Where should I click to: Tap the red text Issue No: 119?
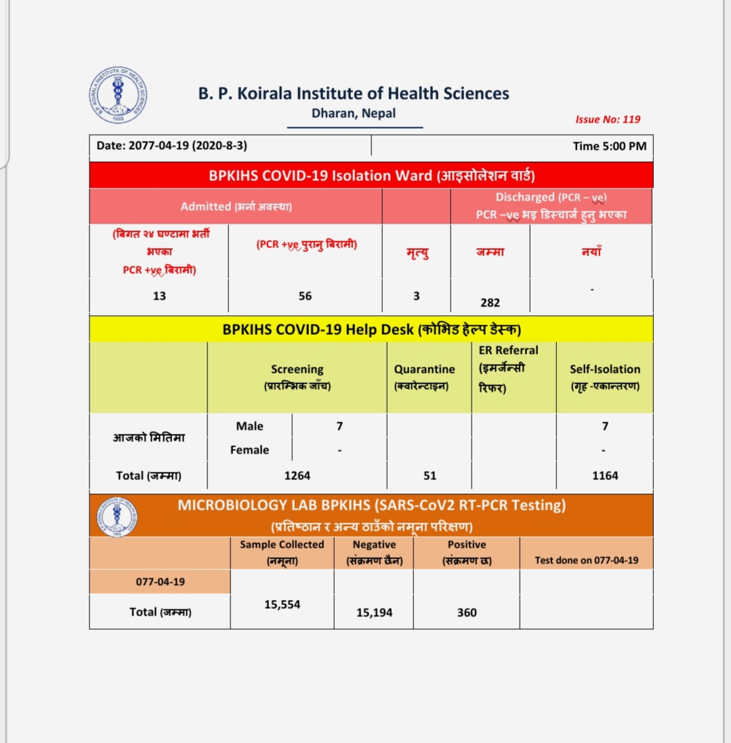pyautogui.click(x=608, y=119)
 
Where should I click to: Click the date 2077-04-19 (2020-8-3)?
pyautogui.click(x=177, y=146)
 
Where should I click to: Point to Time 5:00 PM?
pyautogui.click(x=609, y=146)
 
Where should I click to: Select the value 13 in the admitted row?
pyautogui.click(x=159, y=296)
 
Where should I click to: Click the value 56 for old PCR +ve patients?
pyautogui.click(x=306, y=296)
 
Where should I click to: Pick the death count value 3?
pyautogui.click(x=416, y=296)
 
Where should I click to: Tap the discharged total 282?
pyautogui.click(x=490, y=303)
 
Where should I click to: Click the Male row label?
pyautogui.click(x=250, y=426)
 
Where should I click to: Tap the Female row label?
pyautogui.click(x=250, y=450)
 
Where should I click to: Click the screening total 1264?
pyautogui.click(x=297, y=476)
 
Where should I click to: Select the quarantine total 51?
pyautogui.click(x=430, y=476)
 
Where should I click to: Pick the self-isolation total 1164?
pyautogui.click(x=605, y=476)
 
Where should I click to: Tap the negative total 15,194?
pyautogui.click(x=375, y=613)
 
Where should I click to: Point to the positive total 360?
pyautogui.click(x=467, y=613)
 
